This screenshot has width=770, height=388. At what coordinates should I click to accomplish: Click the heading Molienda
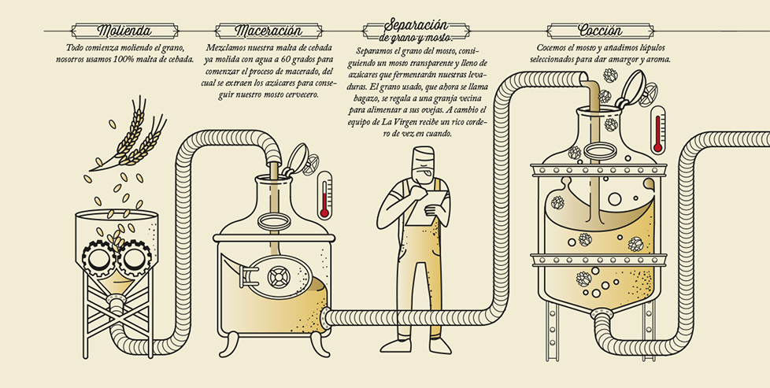124,31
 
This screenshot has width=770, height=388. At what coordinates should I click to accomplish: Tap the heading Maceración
268,31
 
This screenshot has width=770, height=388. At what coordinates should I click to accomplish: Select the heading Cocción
600,31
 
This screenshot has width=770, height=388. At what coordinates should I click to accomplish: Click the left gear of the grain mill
98,256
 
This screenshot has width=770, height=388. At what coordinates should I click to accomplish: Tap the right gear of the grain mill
134,256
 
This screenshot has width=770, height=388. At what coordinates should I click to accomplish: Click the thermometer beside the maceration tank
324,194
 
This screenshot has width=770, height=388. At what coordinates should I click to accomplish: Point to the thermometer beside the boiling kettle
657,129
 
